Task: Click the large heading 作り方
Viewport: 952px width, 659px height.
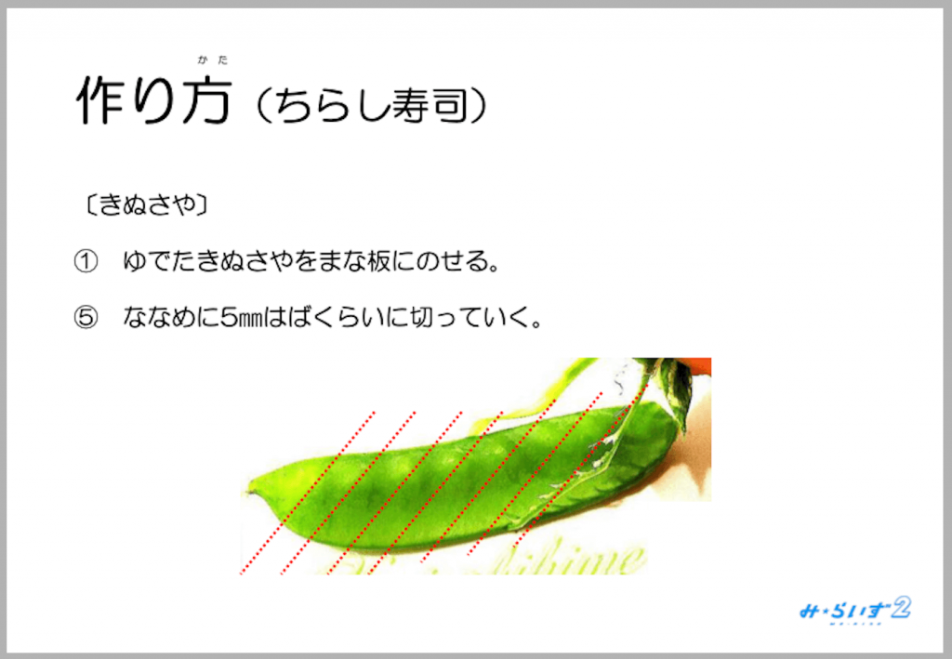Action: pos(152,101)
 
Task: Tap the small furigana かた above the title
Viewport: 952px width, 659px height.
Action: pos(212,60)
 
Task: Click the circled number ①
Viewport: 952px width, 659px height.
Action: pos(86,263)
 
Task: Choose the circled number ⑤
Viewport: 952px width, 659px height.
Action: pos(86,319)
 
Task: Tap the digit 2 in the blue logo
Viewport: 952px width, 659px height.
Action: pos(899,609)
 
